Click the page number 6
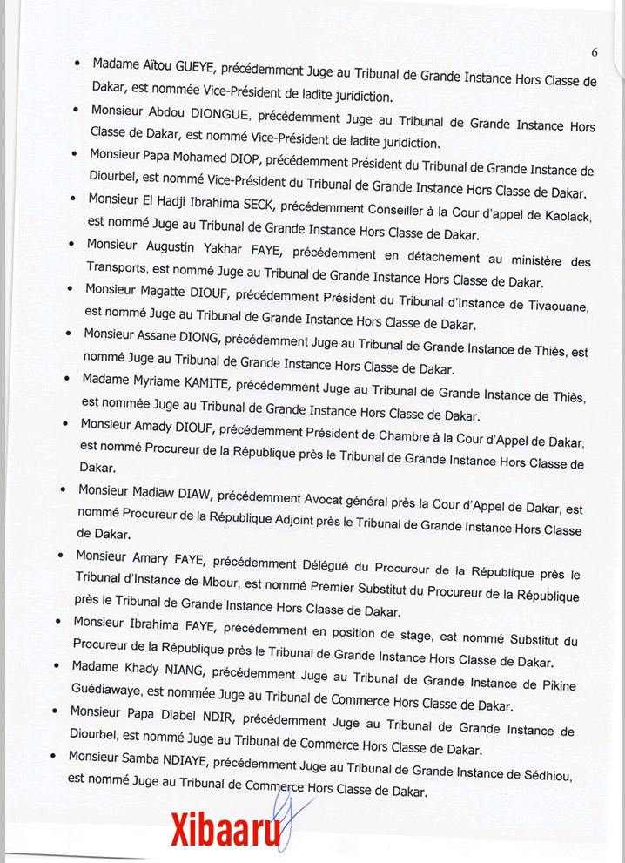(594, 52)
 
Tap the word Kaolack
(555, 209)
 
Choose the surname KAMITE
(198, 381)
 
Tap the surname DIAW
(192, 493)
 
